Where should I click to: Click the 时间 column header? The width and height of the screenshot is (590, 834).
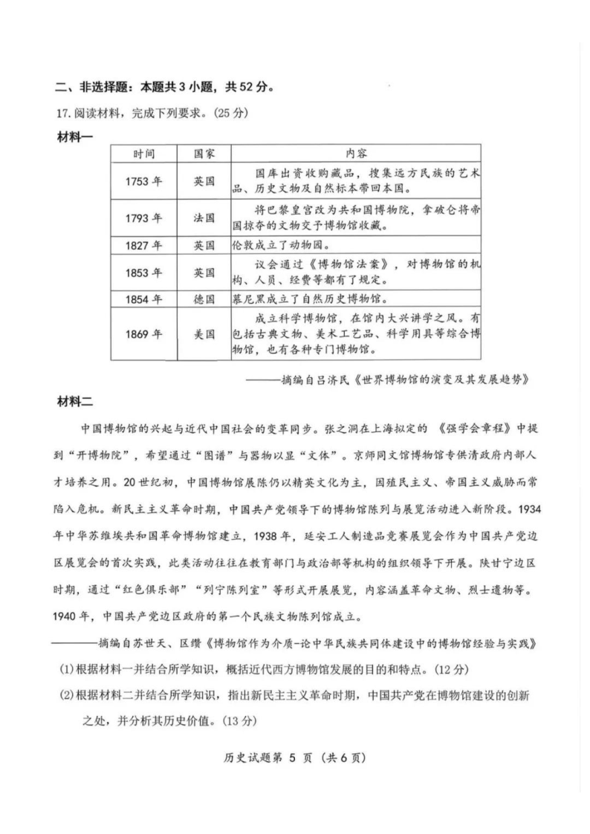pos(145,154)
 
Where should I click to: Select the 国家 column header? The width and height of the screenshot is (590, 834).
pos(204,154)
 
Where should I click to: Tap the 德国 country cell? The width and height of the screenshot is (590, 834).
pos(204,299)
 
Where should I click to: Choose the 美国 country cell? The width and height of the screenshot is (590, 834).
pos(204,334)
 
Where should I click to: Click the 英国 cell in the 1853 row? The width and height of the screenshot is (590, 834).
pos(204,273)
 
